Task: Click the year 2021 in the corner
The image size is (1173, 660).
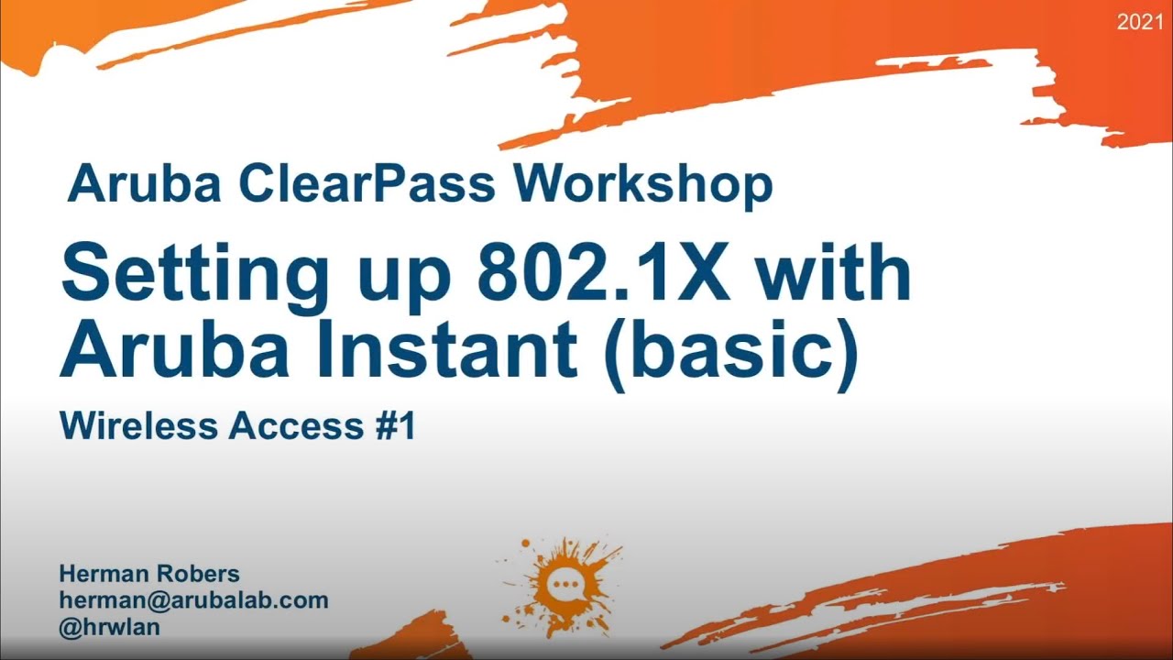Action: [1139, 22]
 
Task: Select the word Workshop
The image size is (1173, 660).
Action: [643, 184]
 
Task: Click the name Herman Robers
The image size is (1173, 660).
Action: [149, 574]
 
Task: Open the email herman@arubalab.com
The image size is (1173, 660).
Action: [193, 600]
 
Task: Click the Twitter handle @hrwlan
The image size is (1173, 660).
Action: [110, 627]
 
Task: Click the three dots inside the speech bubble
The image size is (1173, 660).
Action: [561, 584]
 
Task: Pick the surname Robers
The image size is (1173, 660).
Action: [198, 574]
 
